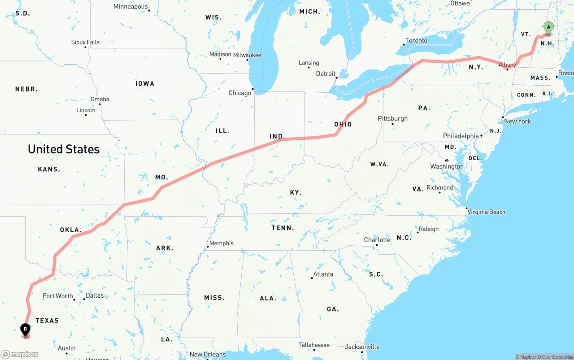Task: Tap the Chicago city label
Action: pyautogui.click(x=240, y=93)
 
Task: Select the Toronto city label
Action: pyautogui.click(x=416, y=40)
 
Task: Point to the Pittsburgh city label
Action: pyautogui.click(x=393, y=118)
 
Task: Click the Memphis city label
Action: pyautogui.click(x=222, y=243)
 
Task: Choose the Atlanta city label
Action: pyautogui.click(x=323, y=274)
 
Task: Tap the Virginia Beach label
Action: pyautogui.click(x=486, y=212)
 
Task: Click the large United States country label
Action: pyautogui.click(x=64, y=149)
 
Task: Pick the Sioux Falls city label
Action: pyautogui.click(x=85, y=42)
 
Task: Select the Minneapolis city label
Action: pyautogui.click(x=130, y=7)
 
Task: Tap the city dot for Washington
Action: pyautogui.click(x=447, y=160)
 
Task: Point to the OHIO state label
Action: pyautogui.click(x=343, y=125)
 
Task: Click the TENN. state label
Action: pyautogui.click(x=283, y=228)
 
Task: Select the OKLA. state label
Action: pyautogui.click(x=71, y=230)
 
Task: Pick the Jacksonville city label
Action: pyautogui.click(x=362, y=347)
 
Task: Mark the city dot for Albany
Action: pyautogui.click(x=507, y=69)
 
